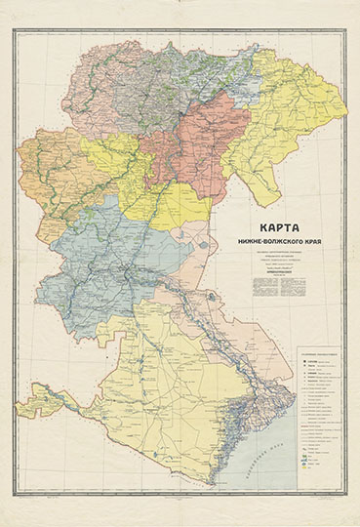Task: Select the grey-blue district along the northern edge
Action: [185, 73]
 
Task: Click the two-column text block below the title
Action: [283, 282]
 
